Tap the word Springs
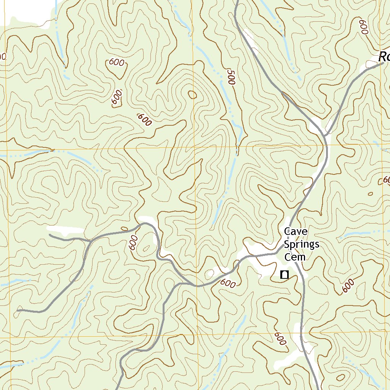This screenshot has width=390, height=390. (x=302, y=245)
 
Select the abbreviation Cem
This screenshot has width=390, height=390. (x=295, y=257)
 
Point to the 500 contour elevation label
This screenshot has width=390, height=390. (x=230, y=77)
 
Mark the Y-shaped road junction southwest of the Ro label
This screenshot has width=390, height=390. (x=325, y=135)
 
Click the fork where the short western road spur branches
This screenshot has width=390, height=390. (x=90, y=241)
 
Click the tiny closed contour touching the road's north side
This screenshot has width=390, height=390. (x=124, y=229)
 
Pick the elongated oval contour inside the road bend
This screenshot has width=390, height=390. (x=145, y=249)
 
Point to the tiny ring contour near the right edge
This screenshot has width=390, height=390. (x=370, y=194)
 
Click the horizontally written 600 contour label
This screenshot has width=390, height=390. (x=116, y=62)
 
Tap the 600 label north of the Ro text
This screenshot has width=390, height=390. (x=364, y=27)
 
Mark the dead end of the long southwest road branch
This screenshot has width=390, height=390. (x=18, y=310)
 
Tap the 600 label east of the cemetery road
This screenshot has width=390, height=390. (x=348, y=286)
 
